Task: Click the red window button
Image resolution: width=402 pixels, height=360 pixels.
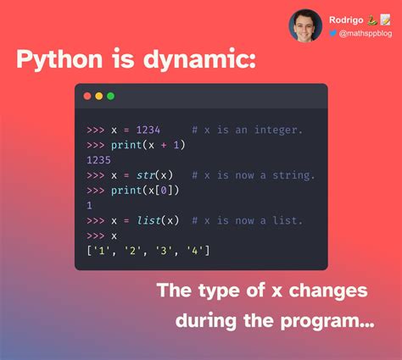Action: click(x=87, y=97)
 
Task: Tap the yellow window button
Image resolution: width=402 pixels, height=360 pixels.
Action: click(x=99, y=97)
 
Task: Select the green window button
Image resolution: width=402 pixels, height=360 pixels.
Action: click(x=111, y=97)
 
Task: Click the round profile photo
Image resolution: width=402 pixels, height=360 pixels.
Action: click(x=305, y=25)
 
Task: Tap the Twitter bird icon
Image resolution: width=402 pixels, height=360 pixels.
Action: click(x=332, y=33)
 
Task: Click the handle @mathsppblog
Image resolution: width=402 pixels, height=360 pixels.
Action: click(x=366, y=34)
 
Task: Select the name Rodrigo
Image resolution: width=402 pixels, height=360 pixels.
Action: click(x=346, y=20)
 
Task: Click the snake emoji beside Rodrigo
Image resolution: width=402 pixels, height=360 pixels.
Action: click(x=372, y=19)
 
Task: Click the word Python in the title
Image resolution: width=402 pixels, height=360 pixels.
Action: click(x=59, y=59)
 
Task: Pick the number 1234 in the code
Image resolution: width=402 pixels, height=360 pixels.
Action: click(x=148, y=130)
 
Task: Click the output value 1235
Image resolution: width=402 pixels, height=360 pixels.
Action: click(x=98, y=160)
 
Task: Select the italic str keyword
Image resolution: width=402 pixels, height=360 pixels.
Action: click(x=146, y=175)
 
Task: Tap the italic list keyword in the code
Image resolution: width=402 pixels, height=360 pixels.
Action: click(x=148, y=220)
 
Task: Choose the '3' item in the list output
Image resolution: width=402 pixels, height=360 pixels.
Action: click(x=164, y=251)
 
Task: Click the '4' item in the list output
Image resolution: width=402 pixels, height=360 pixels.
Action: click(x=195, y=251)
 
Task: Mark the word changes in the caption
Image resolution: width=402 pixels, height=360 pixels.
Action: click(x=328, y=291)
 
